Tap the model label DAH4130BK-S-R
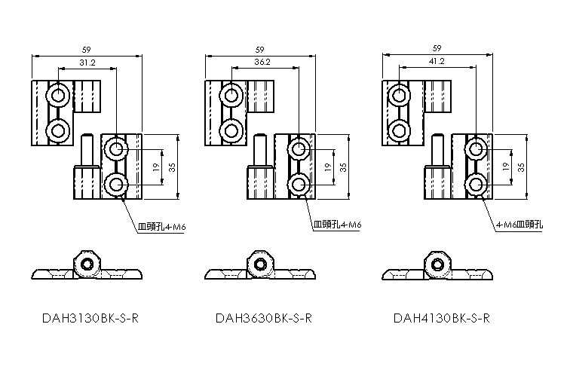[442, 317]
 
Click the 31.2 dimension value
[87, 63]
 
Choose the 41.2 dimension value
[436, 61]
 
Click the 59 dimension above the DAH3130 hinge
[87, 50]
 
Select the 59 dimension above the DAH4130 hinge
[437, 47]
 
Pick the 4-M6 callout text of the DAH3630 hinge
[337, 225]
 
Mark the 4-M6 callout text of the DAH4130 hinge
[519, 225]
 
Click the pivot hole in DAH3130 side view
[88, 265]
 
